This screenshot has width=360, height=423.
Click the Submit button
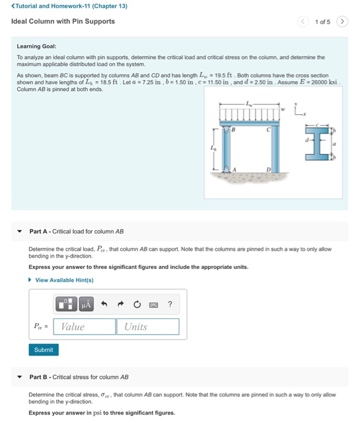point(43,350)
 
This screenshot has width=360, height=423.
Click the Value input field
point(85,327)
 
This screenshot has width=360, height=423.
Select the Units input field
point(148,327)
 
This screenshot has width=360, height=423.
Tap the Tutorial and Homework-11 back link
point(69,6)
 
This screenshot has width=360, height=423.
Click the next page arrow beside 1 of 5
point(342,21)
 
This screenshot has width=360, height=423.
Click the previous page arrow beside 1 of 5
point(303,21)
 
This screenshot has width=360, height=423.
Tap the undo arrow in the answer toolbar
point(104,304)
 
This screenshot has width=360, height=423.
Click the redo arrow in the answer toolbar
point(121,304)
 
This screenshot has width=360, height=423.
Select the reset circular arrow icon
point(137,305)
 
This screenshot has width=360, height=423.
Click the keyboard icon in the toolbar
point(153,305)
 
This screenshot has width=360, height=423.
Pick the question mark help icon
point(170,304)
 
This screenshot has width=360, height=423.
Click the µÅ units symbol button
point(86,304)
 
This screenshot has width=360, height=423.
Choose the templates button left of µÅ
point(66,304)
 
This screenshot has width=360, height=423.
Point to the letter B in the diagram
point(234,130)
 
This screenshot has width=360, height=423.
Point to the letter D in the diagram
point(268,169)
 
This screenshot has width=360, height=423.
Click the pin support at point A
point(227,169)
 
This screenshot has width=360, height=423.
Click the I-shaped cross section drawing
point(317,144)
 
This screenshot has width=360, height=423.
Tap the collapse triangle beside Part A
point(19,231)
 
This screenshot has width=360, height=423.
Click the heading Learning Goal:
point(37,47)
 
